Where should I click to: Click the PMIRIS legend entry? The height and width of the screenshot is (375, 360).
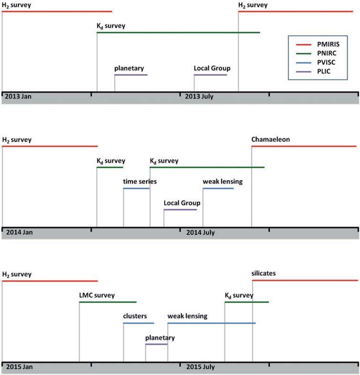click(x=318, y=44)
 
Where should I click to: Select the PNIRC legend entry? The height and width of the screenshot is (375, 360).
click(x=316, y=53)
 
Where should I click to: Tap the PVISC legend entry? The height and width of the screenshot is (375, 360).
click(x=316, y=62)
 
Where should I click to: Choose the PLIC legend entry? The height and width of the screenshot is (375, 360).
click(x=313, y=71)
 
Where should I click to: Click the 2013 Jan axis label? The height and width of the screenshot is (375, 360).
click(x=18, y=96)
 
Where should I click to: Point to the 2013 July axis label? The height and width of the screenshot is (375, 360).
click(x=199, y=96)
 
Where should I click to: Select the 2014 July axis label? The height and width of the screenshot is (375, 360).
click(x=201, y=232)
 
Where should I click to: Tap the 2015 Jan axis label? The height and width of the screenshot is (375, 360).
click(x=20, y=366)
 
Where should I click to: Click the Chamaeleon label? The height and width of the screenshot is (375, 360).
click(x=270, y=140)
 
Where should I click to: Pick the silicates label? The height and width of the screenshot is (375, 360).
click(x=264, y=274)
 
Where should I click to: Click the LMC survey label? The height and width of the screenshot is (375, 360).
click(x=97, y=295)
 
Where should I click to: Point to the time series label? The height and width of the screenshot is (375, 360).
click(x=140, y=182)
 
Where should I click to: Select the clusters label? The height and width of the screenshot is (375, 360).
click(x=135, y=316)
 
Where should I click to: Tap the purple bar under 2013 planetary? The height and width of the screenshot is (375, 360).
click(x=131, y=75)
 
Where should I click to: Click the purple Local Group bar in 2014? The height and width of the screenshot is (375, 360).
click(x=180, y=210)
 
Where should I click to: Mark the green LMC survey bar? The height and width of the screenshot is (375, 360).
click(x=108, y=302)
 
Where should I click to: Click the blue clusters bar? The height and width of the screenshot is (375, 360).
click(x=139, y=323)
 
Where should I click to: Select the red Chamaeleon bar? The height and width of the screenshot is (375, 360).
click(x=304, y=146)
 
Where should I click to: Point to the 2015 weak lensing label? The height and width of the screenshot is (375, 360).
click(x=187, y=316)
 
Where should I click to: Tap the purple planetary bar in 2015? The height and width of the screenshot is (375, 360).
click(x=156, y=344)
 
